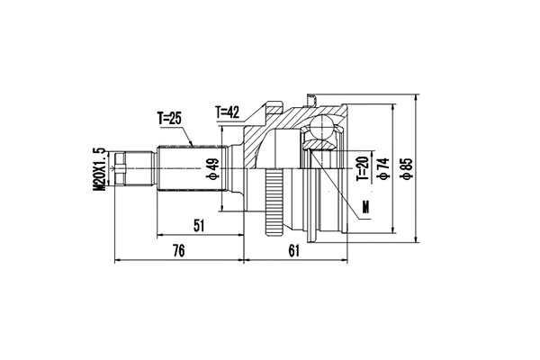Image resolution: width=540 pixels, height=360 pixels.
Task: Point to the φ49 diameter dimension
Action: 213,168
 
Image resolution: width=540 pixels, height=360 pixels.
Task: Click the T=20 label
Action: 360,167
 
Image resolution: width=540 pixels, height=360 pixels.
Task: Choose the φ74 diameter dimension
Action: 384,168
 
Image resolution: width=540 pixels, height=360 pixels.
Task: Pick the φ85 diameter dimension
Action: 407,167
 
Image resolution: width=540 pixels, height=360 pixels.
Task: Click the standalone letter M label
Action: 365,210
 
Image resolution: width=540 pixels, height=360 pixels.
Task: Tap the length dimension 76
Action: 178,251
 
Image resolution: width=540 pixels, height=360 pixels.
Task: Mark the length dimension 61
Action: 294,251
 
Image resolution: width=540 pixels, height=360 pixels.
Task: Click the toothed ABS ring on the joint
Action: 271,202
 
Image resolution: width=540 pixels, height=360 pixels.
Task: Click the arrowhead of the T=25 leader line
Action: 195,145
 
